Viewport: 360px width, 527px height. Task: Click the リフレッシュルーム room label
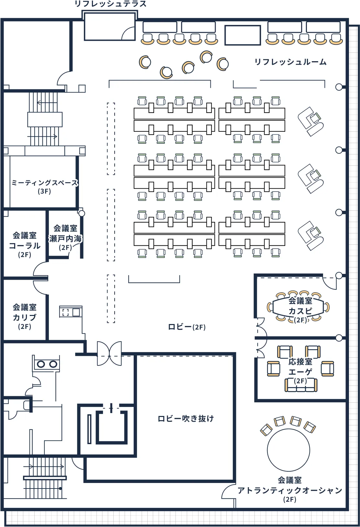pos(290,62)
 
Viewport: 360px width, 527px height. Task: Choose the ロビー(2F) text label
pos(187,327)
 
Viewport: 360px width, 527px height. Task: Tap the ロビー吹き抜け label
pos(186,419)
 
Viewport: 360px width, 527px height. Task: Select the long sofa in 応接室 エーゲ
pos(301,386)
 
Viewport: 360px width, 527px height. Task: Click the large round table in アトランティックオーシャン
pos(288,450)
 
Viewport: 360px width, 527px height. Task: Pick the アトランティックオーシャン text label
pos(290,490)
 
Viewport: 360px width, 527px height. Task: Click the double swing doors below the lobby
pos(109,353)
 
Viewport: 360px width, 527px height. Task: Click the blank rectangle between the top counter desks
pos(242,35)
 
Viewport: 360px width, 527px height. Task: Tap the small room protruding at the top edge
pos(109,27)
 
